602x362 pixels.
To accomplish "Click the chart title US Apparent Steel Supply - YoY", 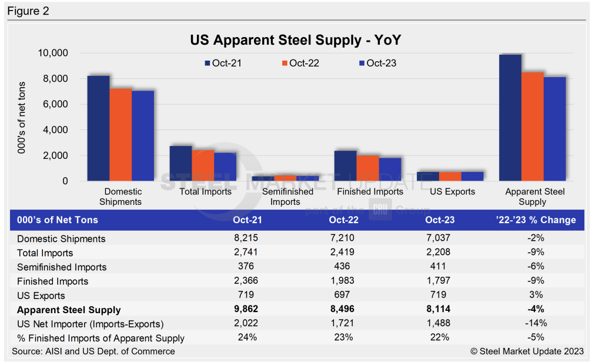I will pos(295,40).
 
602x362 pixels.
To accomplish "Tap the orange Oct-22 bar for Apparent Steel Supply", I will pos(532,127).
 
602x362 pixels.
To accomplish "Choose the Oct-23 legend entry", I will pos(377,63).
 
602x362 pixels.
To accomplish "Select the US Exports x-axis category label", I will pos(452,191).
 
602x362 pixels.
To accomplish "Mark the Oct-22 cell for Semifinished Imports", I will pos(340,267).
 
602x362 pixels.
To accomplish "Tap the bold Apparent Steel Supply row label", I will pos(69,310).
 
